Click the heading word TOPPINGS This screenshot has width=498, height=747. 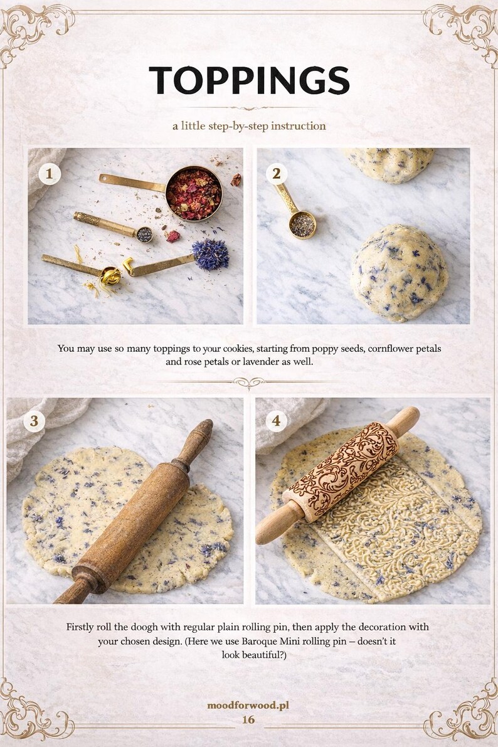(249, 80)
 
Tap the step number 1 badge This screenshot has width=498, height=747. (49, 173)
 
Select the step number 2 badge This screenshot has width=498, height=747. (277, 173)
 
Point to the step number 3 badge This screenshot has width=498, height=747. (34, 421)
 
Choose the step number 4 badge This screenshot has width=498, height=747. (277, 421)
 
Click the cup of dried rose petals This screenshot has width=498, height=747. (193, 194)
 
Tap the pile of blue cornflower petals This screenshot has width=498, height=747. (210, 254)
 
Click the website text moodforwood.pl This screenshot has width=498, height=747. (248, 706)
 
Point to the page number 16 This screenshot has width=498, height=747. (248, 719)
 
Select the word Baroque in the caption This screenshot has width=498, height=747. (294, 642)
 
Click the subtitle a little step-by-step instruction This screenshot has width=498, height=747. (249, 126)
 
